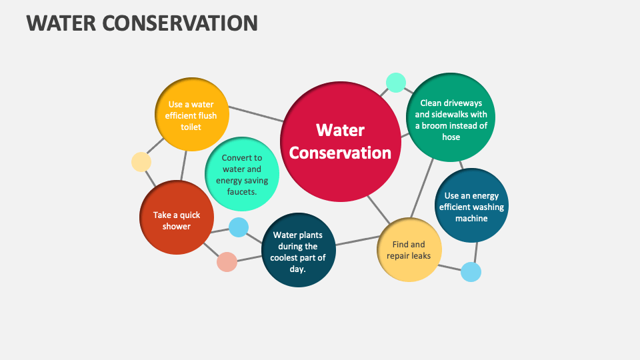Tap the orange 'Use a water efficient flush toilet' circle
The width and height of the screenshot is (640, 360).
(191, 115)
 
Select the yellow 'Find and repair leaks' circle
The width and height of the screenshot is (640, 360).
(409, 250)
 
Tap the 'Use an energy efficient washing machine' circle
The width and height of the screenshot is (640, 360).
(471, 205)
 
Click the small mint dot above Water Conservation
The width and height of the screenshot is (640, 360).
(395, 82)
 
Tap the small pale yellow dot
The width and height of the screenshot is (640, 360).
(141, 162)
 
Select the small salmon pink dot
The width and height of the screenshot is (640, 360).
(227, 261)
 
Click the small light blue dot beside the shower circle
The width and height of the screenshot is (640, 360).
(239, 227)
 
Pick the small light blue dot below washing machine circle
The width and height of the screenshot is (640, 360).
(471, 271)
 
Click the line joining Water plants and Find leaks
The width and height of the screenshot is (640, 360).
(356, 241)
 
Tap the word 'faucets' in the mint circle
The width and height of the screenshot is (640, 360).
(241, 191)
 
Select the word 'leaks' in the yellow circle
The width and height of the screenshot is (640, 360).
(419, 255)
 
